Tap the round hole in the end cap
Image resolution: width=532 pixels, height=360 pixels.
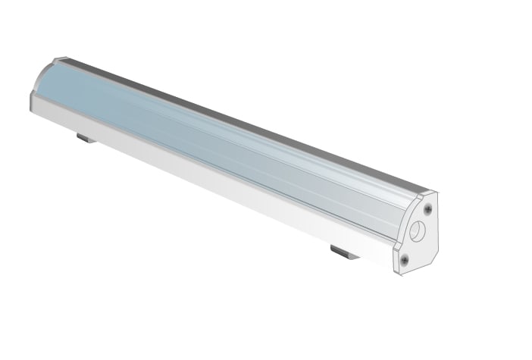pyautogui.click(x=416, y=230)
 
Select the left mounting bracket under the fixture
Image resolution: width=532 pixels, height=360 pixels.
pyautogui.click(x=86, y=138)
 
